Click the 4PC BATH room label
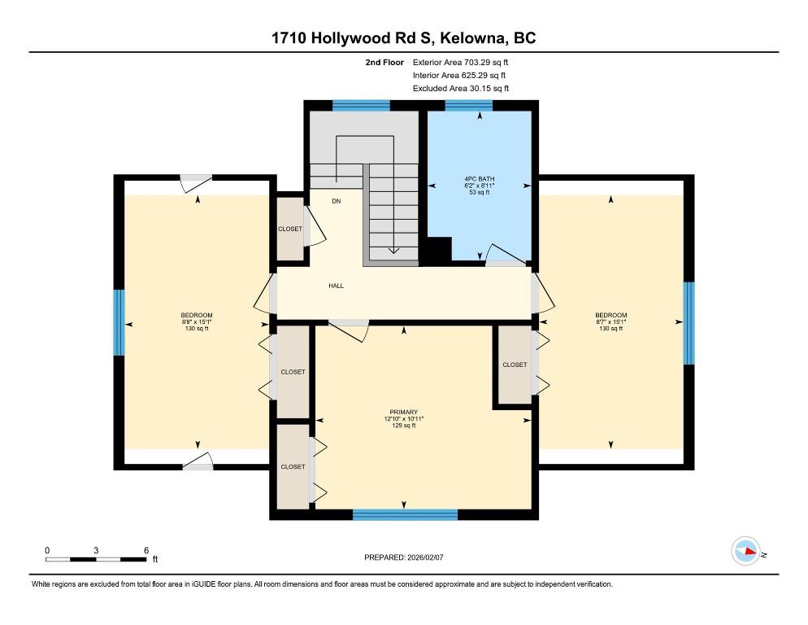480,179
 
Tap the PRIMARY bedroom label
403,412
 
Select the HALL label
336,286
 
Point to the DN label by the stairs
336,201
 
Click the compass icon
745,551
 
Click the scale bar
95,559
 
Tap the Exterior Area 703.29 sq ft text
460,63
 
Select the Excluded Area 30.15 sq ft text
461,88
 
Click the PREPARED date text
403,557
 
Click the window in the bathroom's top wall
468,106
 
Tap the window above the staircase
361,106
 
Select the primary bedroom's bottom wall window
405,514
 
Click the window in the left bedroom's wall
119,322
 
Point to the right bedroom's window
689,323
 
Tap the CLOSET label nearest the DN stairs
290,229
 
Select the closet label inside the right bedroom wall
515,365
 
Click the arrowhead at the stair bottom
393,251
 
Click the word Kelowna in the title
474,38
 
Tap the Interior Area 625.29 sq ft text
459,76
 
